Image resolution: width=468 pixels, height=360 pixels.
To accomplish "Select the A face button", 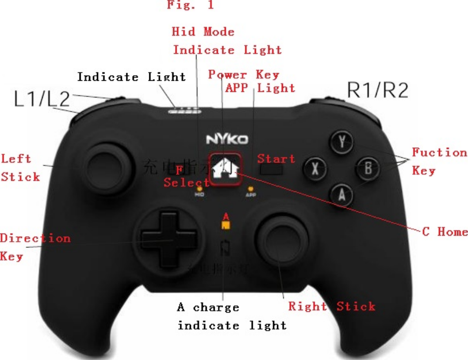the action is [343, 194].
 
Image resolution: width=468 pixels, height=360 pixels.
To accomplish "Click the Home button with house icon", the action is [223, 168].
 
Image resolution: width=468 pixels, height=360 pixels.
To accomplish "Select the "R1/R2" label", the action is [378, 91].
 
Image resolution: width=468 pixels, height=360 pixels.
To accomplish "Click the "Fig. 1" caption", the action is [190, 6].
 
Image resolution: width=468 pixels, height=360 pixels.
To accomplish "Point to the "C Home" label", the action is [445, 232].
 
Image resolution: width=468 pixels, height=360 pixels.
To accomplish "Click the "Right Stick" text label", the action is [332, 306].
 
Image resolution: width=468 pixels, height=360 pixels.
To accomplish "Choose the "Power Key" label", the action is [244, 75].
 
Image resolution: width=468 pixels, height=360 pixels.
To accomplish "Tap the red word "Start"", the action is [276, 158].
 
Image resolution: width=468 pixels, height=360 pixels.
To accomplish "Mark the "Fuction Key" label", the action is [439, 161].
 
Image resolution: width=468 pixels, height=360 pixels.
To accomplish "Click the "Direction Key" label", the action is [35, 247].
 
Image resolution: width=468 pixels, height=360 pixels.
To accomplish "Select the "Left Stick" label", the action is [20, 168].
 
